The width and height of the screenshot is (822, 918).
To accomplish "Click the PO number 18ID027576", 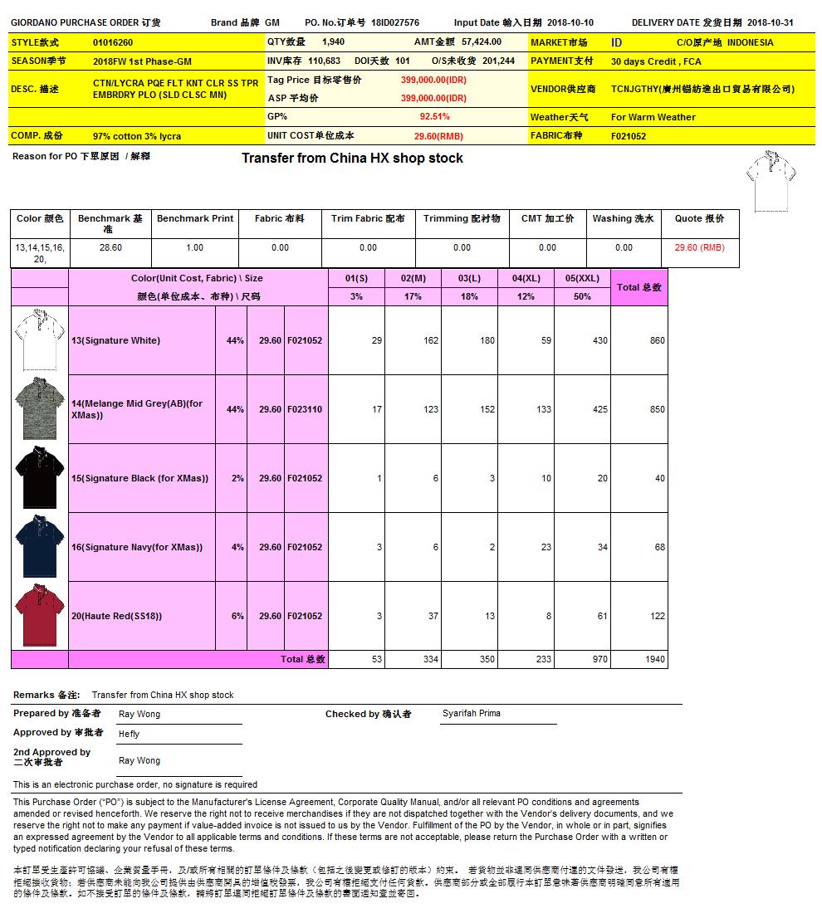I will click(x=395, y=23).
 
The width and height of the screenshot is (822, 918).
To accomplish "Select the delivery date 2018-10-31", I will click(x=771, y=23).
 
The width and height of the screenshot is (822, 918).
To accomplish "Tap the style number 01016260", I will click(x=113, y=42).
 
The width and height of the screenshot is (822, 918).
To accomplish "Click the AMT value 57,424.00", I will click(x=482, y=42).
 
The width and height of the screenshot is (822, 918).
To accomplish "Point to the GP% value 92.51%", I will click(x=434, y=117).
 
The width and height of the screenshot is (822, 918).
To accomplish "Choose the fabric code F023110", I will click(x=305, y=409).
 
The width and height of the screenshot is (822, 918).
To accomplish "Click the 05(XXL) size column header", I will click(x=582, y=278).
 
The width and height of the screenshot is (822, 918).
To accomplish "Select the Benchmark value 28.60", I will click(x=110, y=247).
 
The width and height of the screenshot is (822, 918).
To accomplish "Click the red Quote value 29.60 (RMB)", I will click(x=699, y=247).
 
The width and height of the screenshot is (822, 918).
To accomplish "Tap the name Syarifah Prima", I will click(x=472, y=714).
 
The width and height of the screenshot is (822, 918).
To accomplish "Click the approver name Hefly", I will click(x=129, y=734).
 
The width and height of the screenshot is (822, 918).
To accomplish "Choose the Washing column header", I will click(x=623, y=219).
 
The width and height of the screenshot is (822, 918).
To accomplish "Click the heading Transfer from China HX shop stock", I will click(x=352, y=158).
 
